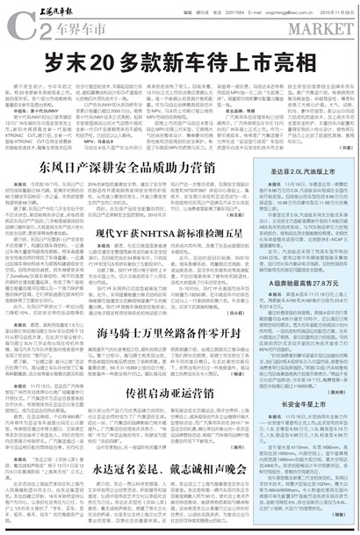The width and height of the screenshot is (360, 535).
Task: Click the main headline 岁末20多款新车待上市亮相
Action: click(x=179, y=65)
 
